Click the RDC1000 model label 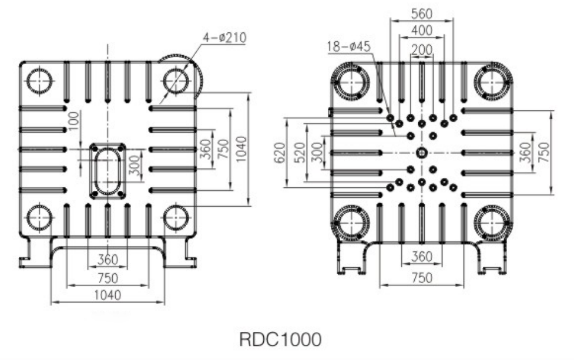[280, 339]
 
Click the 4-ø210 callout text [225, 38]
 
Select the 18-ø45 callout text [348, 46]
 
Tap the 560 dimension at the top [422, 14]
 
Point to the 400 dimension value [422, 31]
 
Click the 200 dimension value [422, 49]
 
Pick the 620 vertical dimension [280, 153]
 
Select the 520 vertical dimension [300, 152]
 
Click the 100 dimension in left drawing [73, 121]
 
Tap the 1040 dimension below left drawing [108, 295]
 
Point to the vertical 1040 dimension [241, 149]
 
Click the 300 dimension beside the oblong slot [135, 166]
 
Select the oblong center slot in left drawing [108, 171]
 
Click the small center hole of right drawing [421, 153]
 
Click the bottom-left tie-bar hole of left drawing [40, 218]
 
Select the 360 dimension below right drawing [422, 257]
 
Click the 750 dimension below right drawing [422, 278]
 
